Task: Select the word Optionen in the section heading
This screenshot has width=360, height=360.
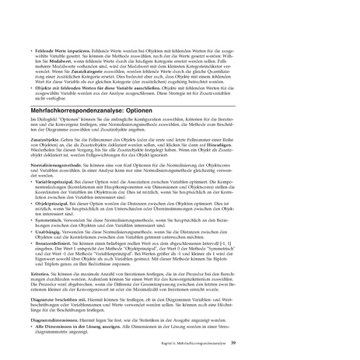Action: click(145, 110)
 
